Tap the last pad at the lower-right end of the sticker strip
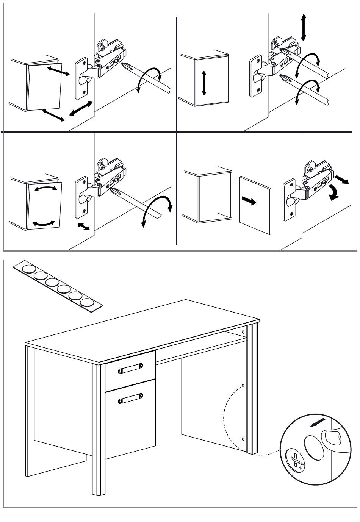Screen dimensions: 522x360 click(88, 302)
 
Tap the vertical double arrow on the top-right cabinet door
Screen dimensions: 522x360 click(204, 82)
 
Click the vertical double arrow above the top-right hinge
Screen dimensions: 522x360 click(303, 27)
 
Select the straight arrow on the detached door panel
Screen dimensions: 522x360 click(249, 201)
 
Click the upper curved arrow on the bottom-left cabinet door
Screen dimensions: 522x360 click(45, 188)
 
